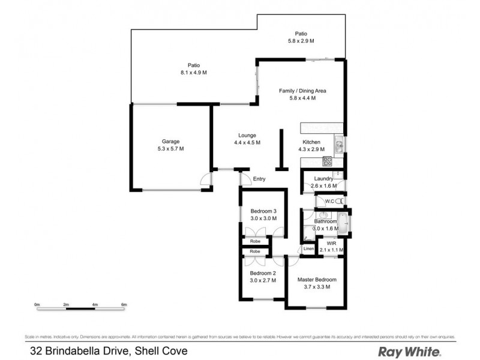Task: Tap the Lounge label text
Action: click(x=246, y=135)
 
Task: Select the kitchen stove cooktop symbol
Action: click(x=328, y=161)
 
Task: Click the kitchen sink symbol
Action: click(x=338, y=144)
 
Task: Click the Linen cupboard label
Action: click(x=308, y=248)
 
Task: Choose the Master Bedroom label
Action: click(x=317, y=280)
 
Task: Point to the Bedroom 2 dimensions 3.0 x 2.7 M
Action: click(x=263, y=280)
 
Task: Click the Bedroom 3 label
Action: click(x=263, y=211)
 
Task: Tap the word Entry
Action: click(x=259, y=179)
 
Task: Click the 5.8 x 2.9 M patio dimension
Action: click(x=301, y=41)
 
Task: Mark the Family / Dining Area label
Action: click(x=302, y=91)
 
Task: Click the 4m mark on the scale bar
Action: click(x=95, y=305)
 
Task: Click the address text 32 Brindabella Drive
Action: click(x=78, y=351)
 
